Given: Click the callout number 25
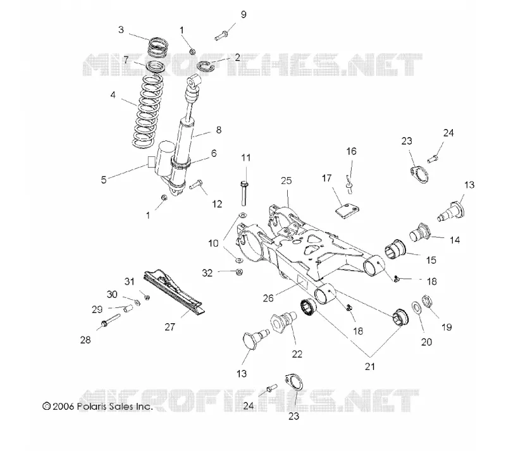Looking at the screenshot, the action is point(287,181).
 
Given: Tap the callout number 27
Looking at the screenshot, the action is point(170,327).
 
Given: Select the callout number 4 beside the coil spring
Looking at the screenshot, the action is point(113,95).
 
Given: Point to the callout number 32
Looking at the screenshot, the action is point(207,273).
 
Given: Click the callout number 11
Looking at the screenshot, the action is point(246,158).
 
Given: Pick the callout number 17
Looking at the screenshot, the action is point(326,178).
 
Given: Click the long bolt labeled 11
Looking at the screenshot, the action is point(244,194).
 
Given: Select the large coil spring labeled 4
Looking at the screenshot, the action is point(147,111).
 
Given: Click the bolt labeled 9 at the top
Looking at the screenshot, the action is point(221,35).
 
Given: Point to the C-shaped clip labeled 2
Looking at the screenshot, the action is point(206,66).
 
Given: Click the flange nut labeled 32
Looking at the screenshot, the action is point(239,271).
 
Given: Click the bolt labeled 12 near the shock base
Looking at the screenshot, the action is point(196,185).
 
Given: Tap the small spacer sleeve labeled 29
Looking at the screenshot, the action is point(128,309).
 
